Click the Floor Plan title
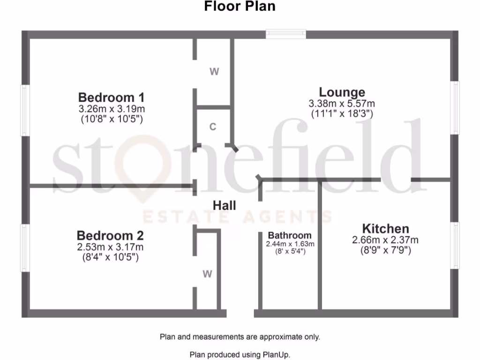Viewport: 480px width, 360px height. coord(240,7)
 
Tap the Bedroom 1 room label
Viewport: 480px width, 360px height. coord(111,97)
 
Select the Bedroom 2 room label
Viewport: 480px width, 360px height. coord(110,235)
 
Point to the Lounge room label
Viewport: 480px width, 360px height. coord(342,92)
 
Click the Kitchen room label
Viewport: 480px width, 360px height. coord(385,229)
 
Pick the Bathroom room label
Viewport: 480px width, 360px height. coord(290,235)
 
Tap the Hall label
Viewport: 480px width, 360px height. coord(225,205)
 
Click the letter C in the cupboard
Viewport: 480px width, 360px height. coord(213,127)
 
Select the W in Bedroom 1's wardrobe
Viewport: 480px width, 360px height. coord(214,72)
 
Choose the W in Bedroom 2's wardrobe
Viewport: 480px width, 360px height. coord(208,275)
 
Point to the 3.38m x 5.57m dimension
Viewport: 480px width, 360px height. coord(342,104)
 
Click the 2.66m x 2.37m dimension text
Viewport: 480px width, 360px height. coord(385,240)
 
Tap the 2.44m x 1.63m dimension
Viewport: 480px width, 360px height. coord(290,244)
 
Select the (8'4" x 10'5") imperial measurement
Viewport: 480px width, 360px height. coord(110,257)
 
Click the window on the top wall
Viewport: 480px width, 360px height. coord(286,34)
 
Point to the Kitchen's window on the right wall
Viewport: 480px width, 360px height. coord(455,245)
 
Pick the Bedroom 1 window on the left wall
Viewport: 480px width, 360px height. coord(25,111)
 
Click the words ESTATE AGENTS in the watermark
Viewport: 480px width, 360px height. coord(237,217)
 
